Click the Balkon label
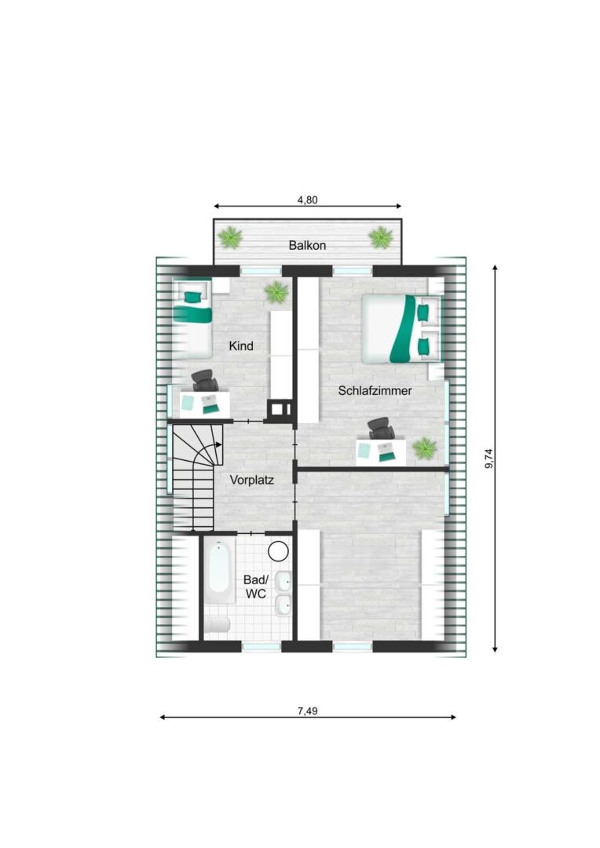click(x=307, y=245)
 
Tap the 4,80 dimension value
click(x=307, y=199)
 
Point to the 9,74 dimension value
click(x=489, y=458)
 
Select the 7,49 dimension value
click(x=307, y=711)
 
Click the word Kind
click(x=241, y=345)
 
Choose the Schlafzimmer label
click(x=375, y=390)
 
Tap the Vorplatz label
click(x=251, y=480)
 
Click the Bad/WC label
click(x=255, y=587)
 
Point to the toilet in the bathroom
click(x=218, y=625)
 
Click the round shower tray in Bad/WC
click(x=279, y=551)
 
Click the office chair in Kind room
click(x=205, y=380)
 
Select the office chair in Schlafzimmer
click(x=382, y=429)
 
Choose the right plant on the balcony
click(x=380, y=237)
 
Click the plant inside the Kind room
click(x=276, y=293)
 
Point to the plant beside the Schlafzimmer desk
click(x=424, y=448)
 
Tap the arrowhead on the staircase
click(x=218, y=445)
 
